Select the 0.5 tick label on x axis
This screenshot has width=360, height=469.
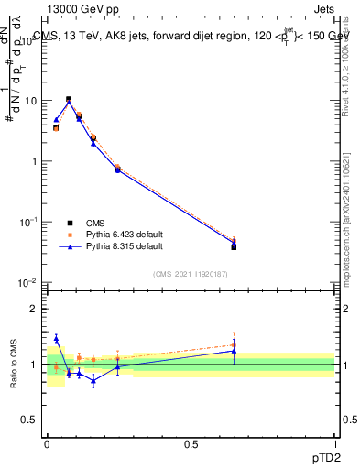point(191,443)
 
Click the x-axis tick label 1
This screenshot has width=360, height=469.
point(334,443)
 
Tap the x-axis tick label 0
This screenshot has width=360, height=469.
point(47,443)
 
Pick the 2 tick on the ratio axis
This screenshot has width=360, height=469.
point(35,309)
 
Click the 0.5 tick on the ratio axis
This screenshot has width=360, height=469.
point(30,420)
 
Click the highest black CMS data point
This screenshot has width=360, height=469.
point(69,99)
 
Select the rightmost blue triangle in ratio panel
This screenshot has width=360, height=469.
point(234,351)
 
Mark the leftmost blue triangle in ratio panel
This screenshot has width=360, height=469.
point(56,338)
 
